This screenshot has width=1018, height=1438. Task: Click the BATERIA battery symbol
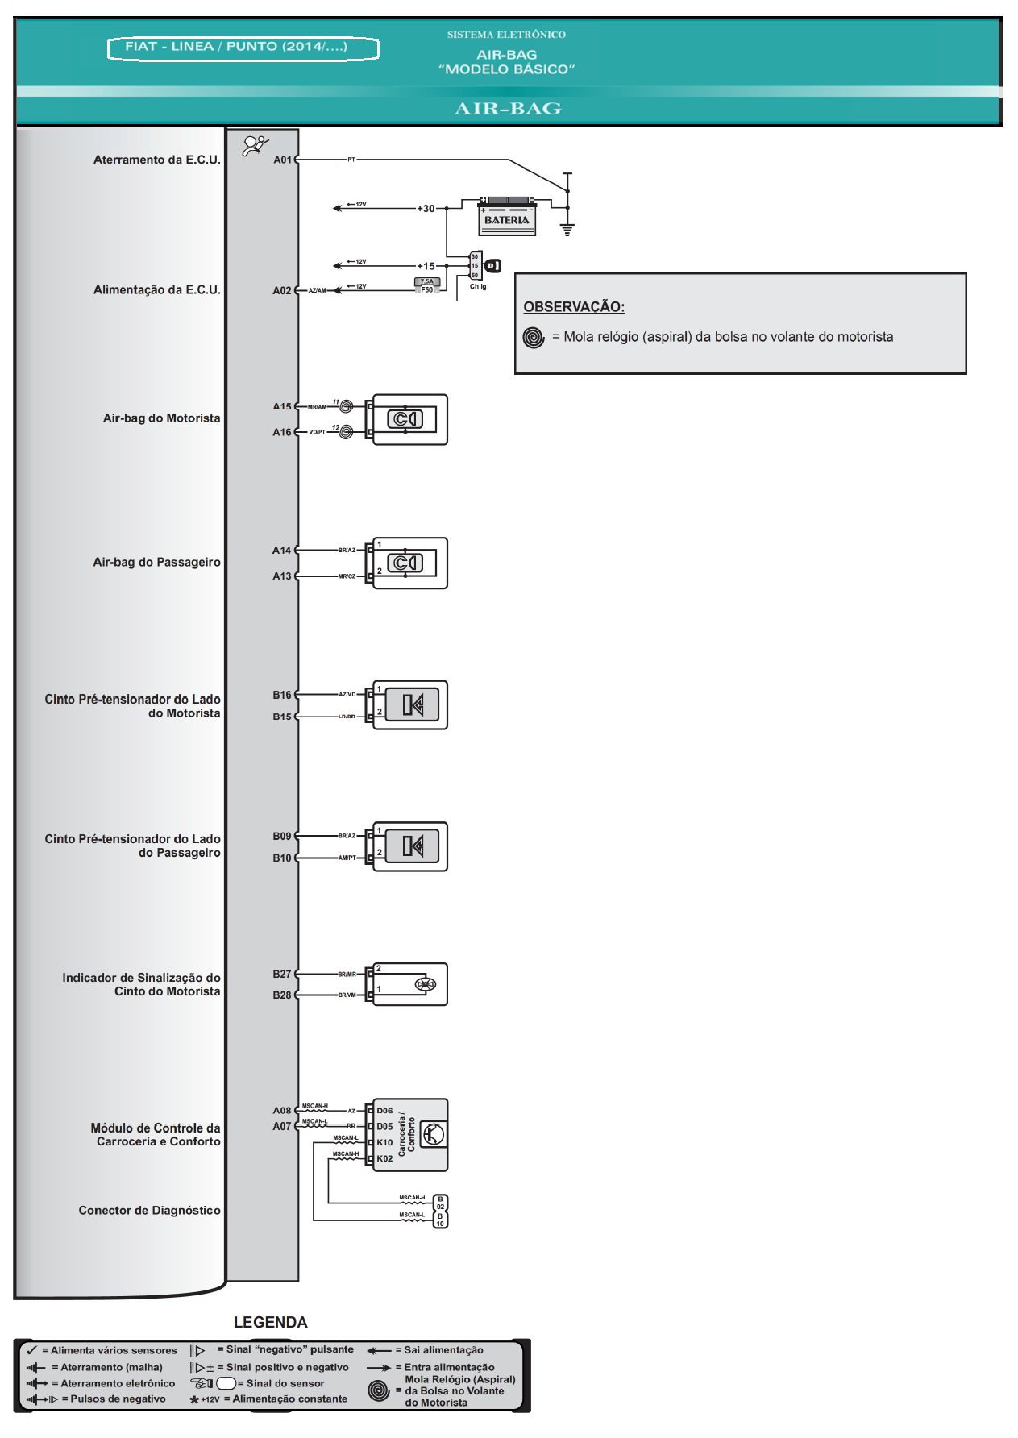pyautogui.click(x=507, y=216)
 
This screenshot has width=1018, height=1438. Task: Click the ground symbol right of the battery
pyautogui.click(x=567, y=229)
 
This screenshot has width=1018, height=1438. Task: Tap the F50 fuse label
pyautogui.click(x=427, y=289)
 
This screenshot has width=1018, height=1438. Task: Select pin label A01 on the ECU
pyautogui.click(x=282, y=160)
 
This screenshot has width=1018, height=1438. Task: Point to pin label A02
pyautogui.click(x=282, y=290)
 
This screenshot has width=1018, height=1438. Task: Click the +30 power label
pyautogui.click(x=426, y=208)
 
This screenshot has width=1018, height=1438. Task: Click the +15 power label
pyautogui.click(x=426, y=266)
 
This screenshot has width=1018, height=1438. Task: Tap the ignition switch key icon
pyautogui.click(x=492, y=265)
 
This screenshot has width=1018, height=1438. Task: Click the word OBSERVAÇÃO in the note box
pyautogui.click(x=574, y=307)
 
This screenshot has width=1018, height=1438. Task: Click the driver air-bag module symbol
pyautogui.click(x=406, y=419)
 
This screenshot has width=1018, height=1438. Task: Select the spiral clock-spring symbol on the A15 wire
pyautogui.click(x=346, y=406)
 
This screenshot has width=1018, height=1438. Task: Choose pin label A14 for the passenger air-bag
pyautogui.click(x=281, y=551)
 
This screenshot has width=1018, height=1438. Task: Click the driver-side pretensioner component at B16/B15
pyautogui.click(x=412, y=705)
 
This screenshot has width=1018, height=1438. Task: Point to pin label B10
pyautogui.click(x=282, y=858)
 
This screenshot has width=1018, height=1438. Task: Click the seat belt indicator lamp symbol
pyautogui.click(x=425, y=984)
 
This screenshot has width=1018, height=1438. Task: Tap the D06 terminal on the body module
pyautogui.click(x=384, y=1111)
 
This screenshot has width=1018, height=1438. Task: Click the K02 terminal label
pyautogui.click(x=384, y=1158)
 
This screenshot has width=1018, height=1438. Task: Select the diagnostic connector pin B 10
pyautogui.click(x=440, y=1219)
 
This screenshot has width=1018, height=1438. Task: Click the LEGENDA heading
pyautogui.click(x=271, y=1322)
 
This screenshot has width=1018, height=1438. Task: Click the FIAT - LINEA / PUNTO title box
pyautogui.click(x=243, y=48)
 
